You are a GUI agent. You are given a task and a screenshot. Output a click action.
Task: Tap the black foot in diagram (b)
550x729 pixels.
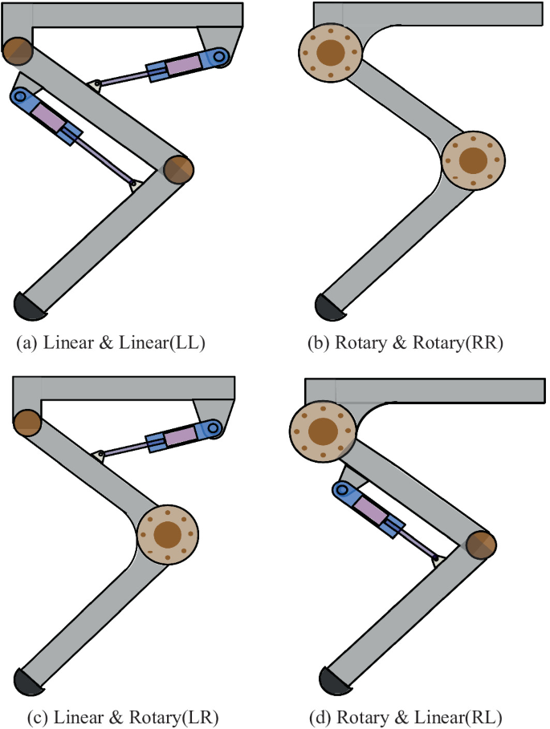[x=329, y=305]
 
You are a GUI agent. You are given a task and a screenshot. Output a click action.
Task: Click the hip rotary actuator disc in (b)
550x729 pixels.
[x=329, y=53]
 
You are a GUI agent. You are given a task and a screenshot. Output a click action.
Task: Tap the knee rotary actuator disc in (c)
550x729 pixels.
[x=167, y=534]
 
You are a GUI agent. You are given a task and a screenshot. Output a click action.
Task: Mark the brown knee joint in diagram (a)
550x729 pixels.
[x=178, y=168]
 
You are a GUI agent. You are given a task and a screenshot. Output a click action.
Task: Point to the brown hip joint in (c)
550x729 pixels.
[x=27, y=422]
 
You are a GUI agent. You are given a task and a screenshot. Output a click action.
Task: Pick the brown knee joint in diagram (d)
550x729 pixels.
[x=481, y=544]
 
